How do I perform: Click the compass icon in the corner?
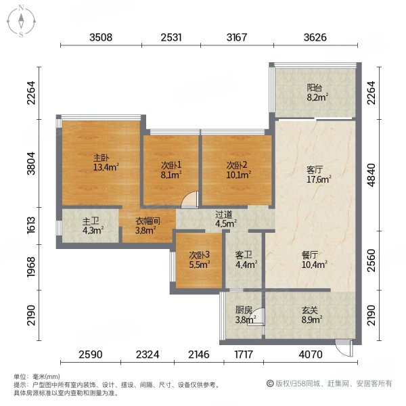(21, 20)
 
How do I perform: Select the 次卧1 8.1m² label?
(171, 169)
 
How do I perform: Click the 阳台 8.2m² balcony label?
(315, 92)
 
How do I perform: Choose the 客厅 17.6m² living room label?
(315, 175)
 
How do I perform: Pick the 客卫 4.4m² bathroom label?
(244, 260)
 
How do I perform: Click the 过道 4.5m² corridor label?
(225, 218)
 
